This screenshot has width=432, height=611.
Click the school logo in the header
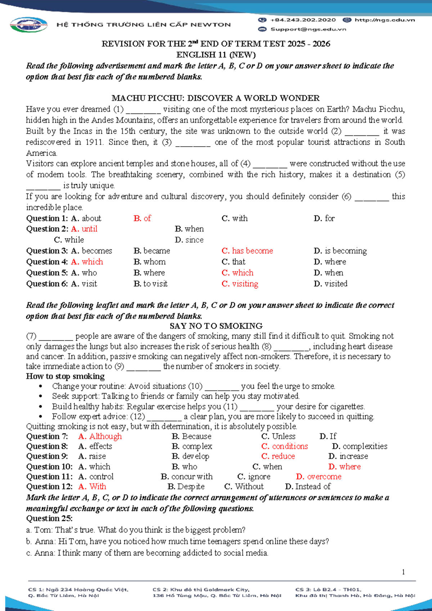[29, 25]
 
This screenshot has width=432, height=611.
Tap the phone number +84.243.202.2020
[302, 20]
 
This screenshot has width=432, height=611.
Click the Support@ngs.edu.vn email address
[308, 29]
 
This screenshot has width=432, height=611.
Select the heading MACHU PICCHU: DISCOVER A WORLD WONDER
[216, 98]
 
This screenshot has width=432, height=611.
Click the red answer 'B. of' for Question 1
[142, 218]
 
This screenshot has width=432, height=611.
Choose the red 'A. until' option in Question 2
[84, 229]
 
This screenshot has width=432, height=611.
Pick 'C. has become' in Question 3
[247, 251]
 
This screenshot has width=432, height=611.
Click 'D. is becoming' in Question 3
[340, 251]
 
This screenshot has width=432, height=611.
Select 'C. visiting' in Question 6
[240, 284]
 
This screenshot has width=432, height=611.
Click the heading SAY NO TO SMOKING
[216, 326]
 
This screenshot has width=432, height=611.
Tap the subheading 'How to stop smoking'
[65, 376]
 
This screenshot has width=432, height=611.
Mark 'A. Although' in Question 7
[100, 436]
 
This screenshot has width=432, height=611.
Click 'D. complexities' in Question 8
[360, 446]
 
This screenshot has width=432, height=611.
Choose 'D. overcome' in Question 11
[319, 477]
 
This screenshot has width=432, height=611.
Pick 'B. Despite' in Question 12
[186, 487]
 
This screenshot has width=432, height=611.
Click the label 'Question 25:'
[49, 519]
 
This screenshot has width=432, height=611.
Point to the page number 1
[403, 572]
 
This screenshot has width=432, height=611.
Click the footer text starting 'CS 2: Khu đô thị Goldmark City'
[201, 590]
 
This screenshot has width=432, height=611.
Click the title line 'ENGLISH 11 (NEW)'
[216, 55]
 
